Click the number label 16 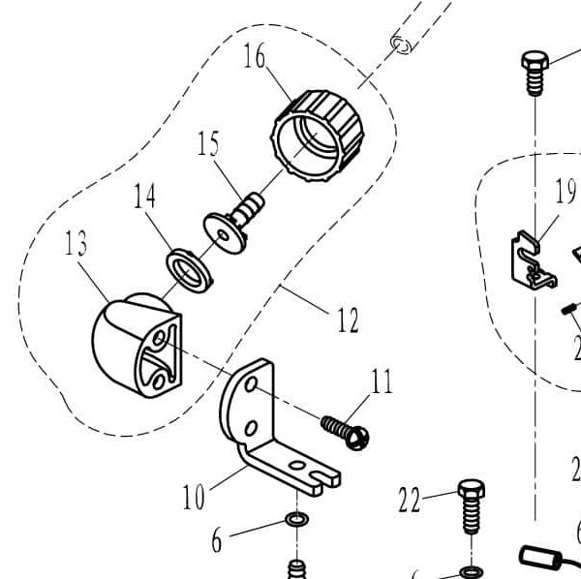pyautogui.click(x=255, y=58)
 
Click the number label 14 pyautogui.click(x=144, y=197)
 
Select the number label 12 pyautogui.click(x=348, y=318)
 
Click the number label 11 pyautogui.click(x=382, y=381)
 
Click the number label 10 pyautogui.click(x=194, y=498)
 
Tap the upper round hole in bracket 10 pyautogui.click(x=250, y=386)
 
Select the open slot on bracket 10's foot pyautogui.click(x=319, y=474)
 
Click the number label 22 pyautogui.click(x=411, y=499)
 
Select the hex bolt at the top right pyautogui.click(x=534, y=73)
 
